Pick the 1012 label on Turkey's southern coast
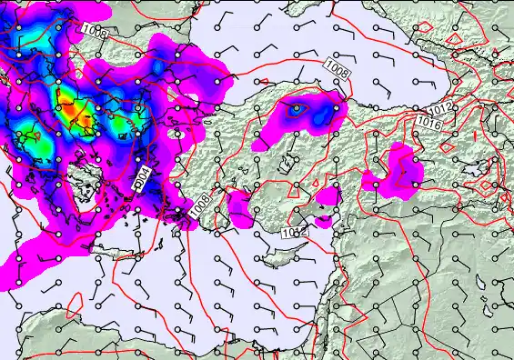(x=293, y=234)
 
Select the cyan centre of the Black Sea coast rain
(x=297, y=109)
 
